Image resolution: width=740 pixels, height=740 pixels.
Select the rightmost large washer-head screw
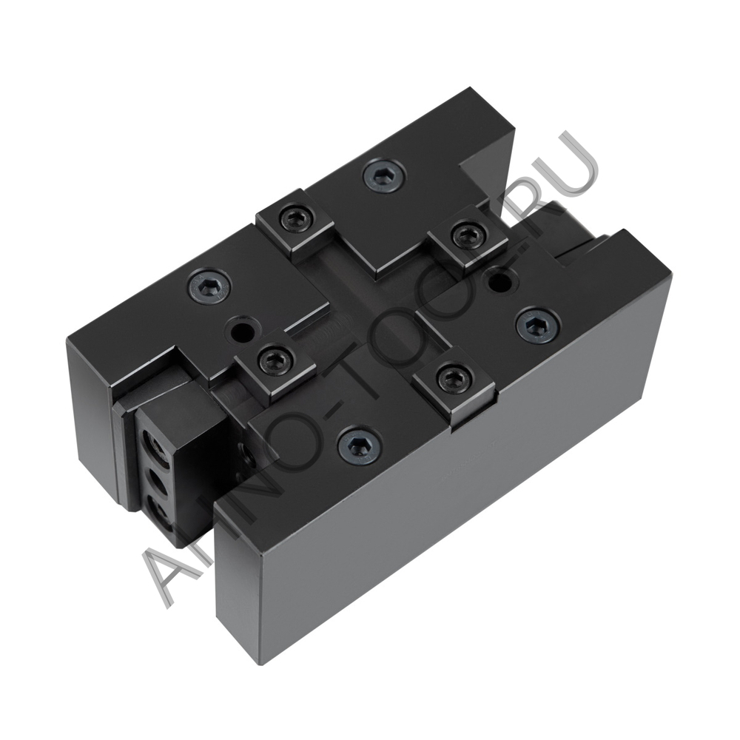tap(537, 325)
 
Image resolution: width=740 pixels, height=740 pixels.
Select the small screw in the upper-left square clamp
tap(295, 218)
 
